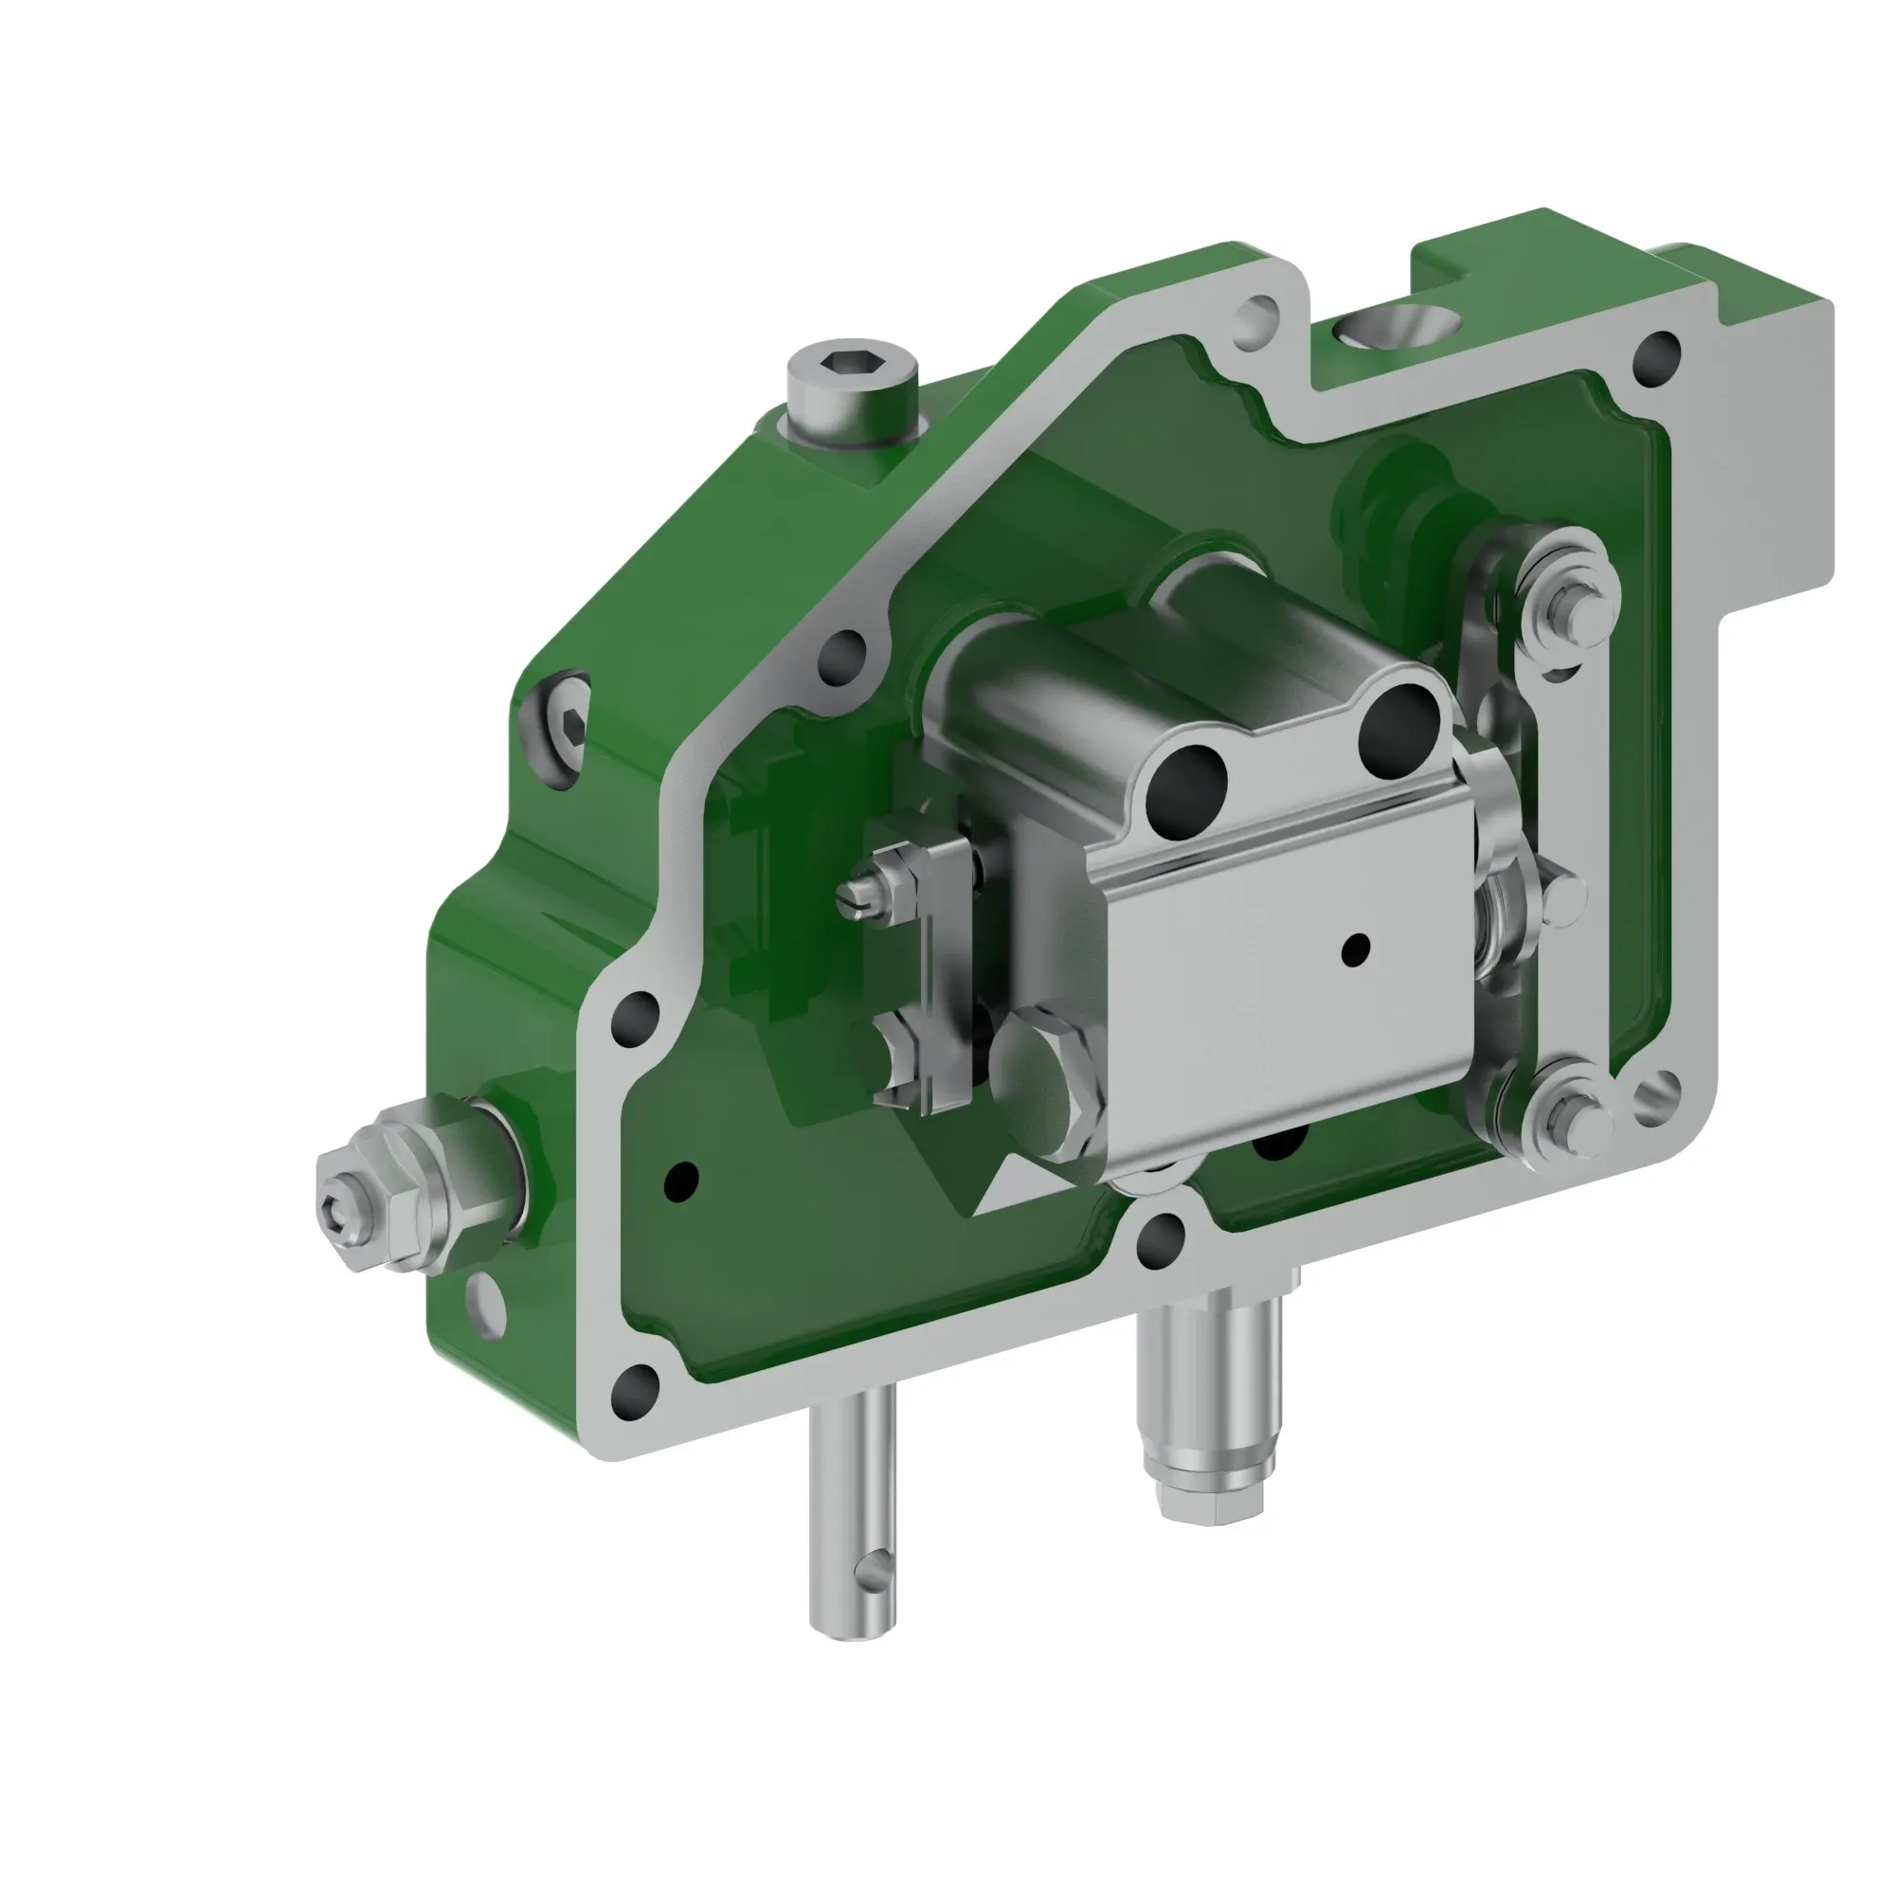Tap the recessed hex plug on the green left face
pyautogui.click(x=568, y=726)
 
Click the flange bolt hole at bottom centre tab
pyautogui.click(x=1163, y=1235)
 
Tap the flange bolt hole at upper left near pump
pyautogui.click(x=843, y=648)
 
